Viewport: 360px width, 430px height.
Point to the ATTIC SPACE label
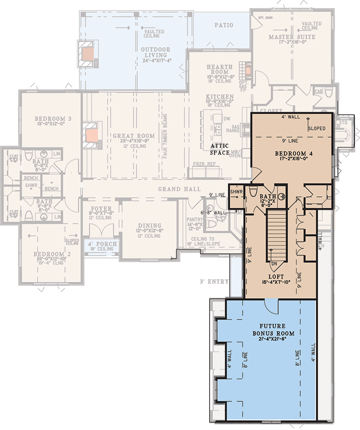(220, 149)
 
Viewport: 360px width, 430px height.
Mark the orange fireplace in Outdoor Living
(87, 53)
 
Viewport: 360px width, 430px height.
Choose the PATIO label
(224, 25)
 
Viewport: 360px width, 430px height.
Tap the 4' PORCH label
(100, 242)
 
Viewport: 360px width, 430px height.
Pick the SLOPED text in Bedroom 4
(317, 129)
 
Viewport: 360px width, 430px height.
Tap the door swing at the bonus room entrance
(270, 306)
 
